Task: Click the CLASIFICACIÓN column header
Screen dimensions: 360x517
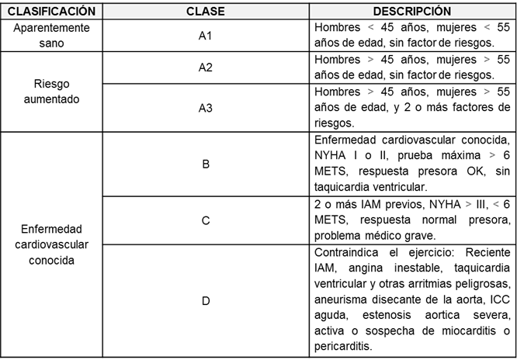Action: (54, 12)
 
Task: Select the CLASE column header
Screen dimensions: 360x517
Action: (206, 12)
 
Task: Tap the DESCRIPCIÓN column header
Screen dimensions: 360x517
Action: (412, 12)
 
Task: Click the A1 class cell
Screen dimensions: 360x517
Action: (206, 36)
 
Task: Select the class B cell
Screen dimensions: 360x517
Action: (206, 164)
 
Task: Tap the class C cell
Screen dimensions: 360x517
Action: (206, 220)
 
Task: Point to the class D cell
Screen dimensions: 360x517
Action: (206, 300)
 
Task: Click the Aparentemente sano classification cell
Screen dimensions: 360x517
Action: (54, 35)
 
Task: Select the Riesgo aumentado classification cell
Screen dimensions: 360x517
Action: (54, 92)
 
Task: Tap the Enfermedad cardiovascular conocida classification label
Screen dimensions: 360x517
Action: (54, 245)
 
